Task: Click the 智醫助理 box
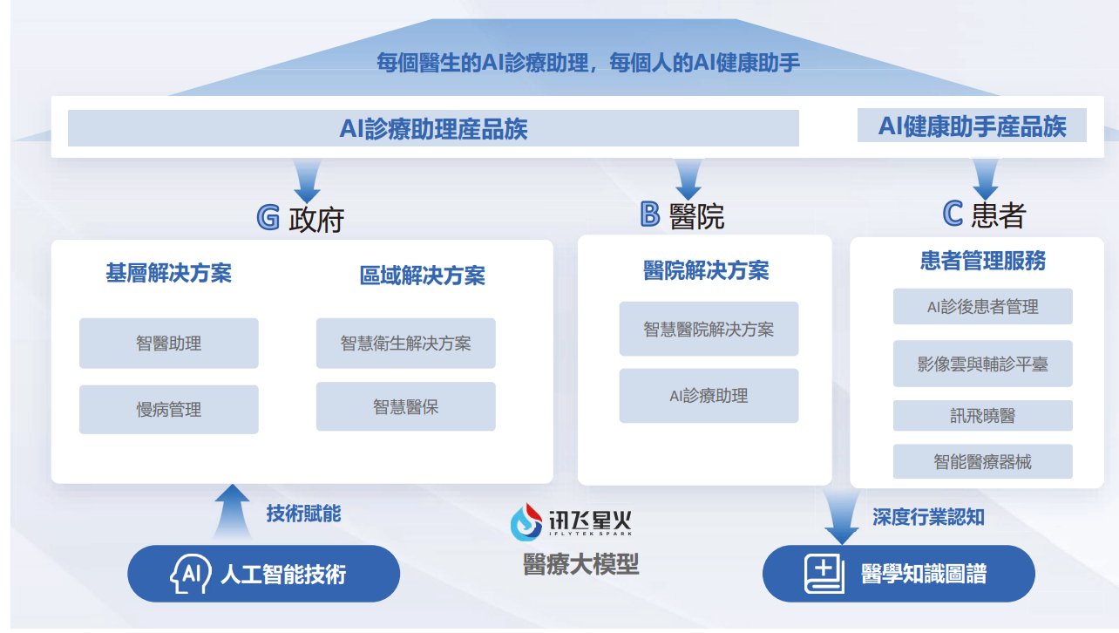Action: tap(169, 344)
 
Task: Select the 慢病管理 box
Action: tap(169, 409)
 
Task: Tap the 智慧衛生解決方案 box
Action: tap(405, 344)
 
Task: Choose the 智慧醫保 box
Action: tap(405, 406)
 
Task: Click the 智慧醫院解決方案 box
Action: tap(709, 329)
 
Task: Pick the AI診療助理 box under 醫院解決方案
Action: tap(709, 396)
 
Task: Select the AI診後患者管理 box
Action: tap(983, 306)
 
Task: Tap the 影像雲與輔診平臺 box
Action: tap(983, 364)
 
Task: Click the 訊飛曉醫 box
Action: tap(983, 416)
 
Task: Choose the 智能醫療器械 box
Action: tap(983, 461)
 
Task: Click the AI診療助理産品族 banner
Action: tap(433, 128)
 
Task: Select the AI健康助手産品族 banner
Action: tap(972, 126)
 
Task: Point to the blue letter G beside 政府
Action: tap(268, 217)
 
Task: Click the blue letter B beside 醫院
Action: tap(650, 214)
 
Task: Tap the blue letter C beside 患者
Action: tap(953, 214)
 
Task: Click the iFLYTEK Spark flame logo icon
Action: tap(526, 522)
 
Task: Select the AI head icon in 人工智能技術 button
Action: tap(190, 574)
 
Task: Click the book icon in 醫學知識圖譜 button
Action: tap(824, 574)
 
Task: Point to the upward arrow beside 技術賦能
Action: tap(233, 512)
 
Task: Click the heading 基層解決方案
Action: tap(169, 273)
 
